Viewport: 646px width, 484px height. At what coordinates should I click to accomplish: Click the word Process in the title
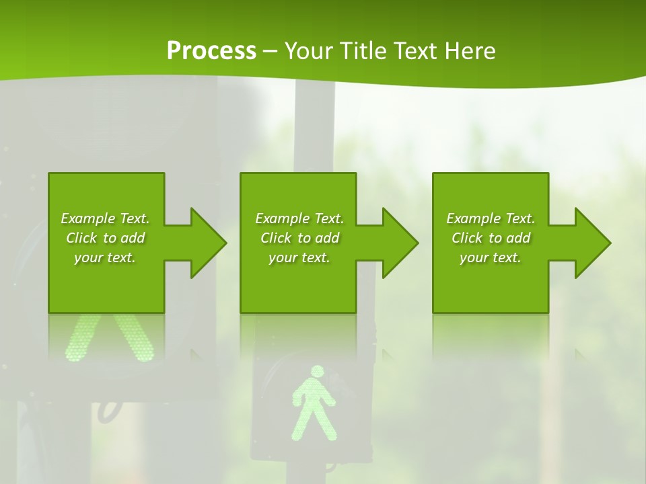click(211, 51)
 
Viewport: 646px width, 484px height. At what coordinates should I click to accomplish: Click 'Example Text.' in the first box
click(105, 218)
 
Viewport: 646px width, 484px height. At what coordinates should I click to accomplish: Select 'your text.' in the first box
click(105, 257)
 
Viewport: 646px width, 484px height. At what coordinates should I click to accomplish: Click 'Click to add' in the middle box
click(299, 238)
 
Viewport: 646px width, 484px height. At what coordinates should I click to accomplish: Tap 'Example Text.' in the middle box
click(299, 218)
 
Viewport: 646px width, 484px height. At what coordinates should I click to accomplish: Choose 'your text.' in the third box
click(491, 257)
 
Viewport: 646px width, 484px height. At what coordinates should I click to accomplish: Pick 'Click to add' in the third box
click(491, 238)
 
